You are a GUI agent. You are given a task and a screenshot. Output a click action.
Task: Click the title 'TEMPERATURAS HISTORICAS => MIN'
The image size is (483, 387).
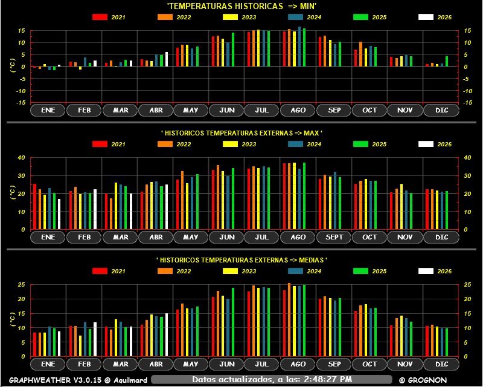[x=241, y=5]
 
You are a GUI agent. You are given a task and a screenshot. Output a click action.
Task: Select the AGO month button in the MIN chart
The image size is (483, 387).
[x=298, y=110]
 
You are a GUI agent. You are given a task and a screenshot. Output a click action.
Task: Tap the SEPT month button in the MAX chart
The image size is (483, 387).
[x=333, y=237]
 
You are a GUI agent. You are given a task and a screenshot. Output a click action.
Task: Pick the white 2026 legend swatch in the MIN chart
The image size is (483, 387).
[x=426, y=17]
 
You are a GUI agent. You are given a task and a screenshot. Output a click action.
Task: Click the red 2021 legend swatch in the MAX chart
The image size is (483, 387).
[x=100, y=144]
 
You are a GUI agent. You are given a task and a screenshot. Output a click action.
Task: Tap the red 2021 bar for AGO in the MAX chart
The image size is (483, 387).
[x=284, y=196]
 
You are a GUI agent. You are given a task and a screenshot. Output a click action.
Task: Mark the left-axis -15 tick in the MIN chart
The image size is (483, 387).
[x=22, y=103]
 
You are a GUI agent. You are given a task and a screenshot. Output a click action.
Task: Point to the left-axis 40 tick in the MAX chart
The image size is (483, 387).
[x=22, y=157]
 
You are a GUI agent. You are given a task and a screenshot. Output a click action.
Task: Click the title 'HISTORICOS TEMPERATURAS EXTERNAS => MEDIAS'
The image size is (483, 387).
[x=241, y=259]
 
